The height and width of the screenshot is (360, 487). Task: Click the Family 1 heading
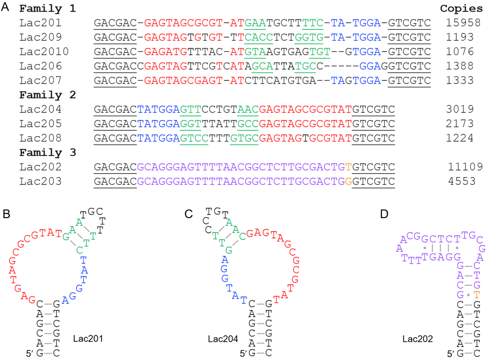[47, 9]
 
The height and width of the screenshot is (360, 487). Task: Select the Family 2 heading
[47, 95]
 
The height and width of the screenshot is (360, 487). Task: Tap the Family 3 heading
[47, 152]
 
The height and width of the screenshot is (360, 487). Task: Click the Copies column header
[461, 9]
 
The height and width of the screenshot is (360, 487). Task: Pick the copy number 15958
[461, 23]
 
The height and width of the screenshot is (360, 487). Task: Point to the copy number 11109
[465, 167]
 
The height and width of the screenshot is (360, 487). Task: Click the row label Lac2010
[44, 51]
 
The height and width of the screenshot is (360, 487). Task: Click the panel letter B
[6, 214]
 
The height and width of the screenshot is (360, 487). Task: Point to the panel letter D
[384, 214]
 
